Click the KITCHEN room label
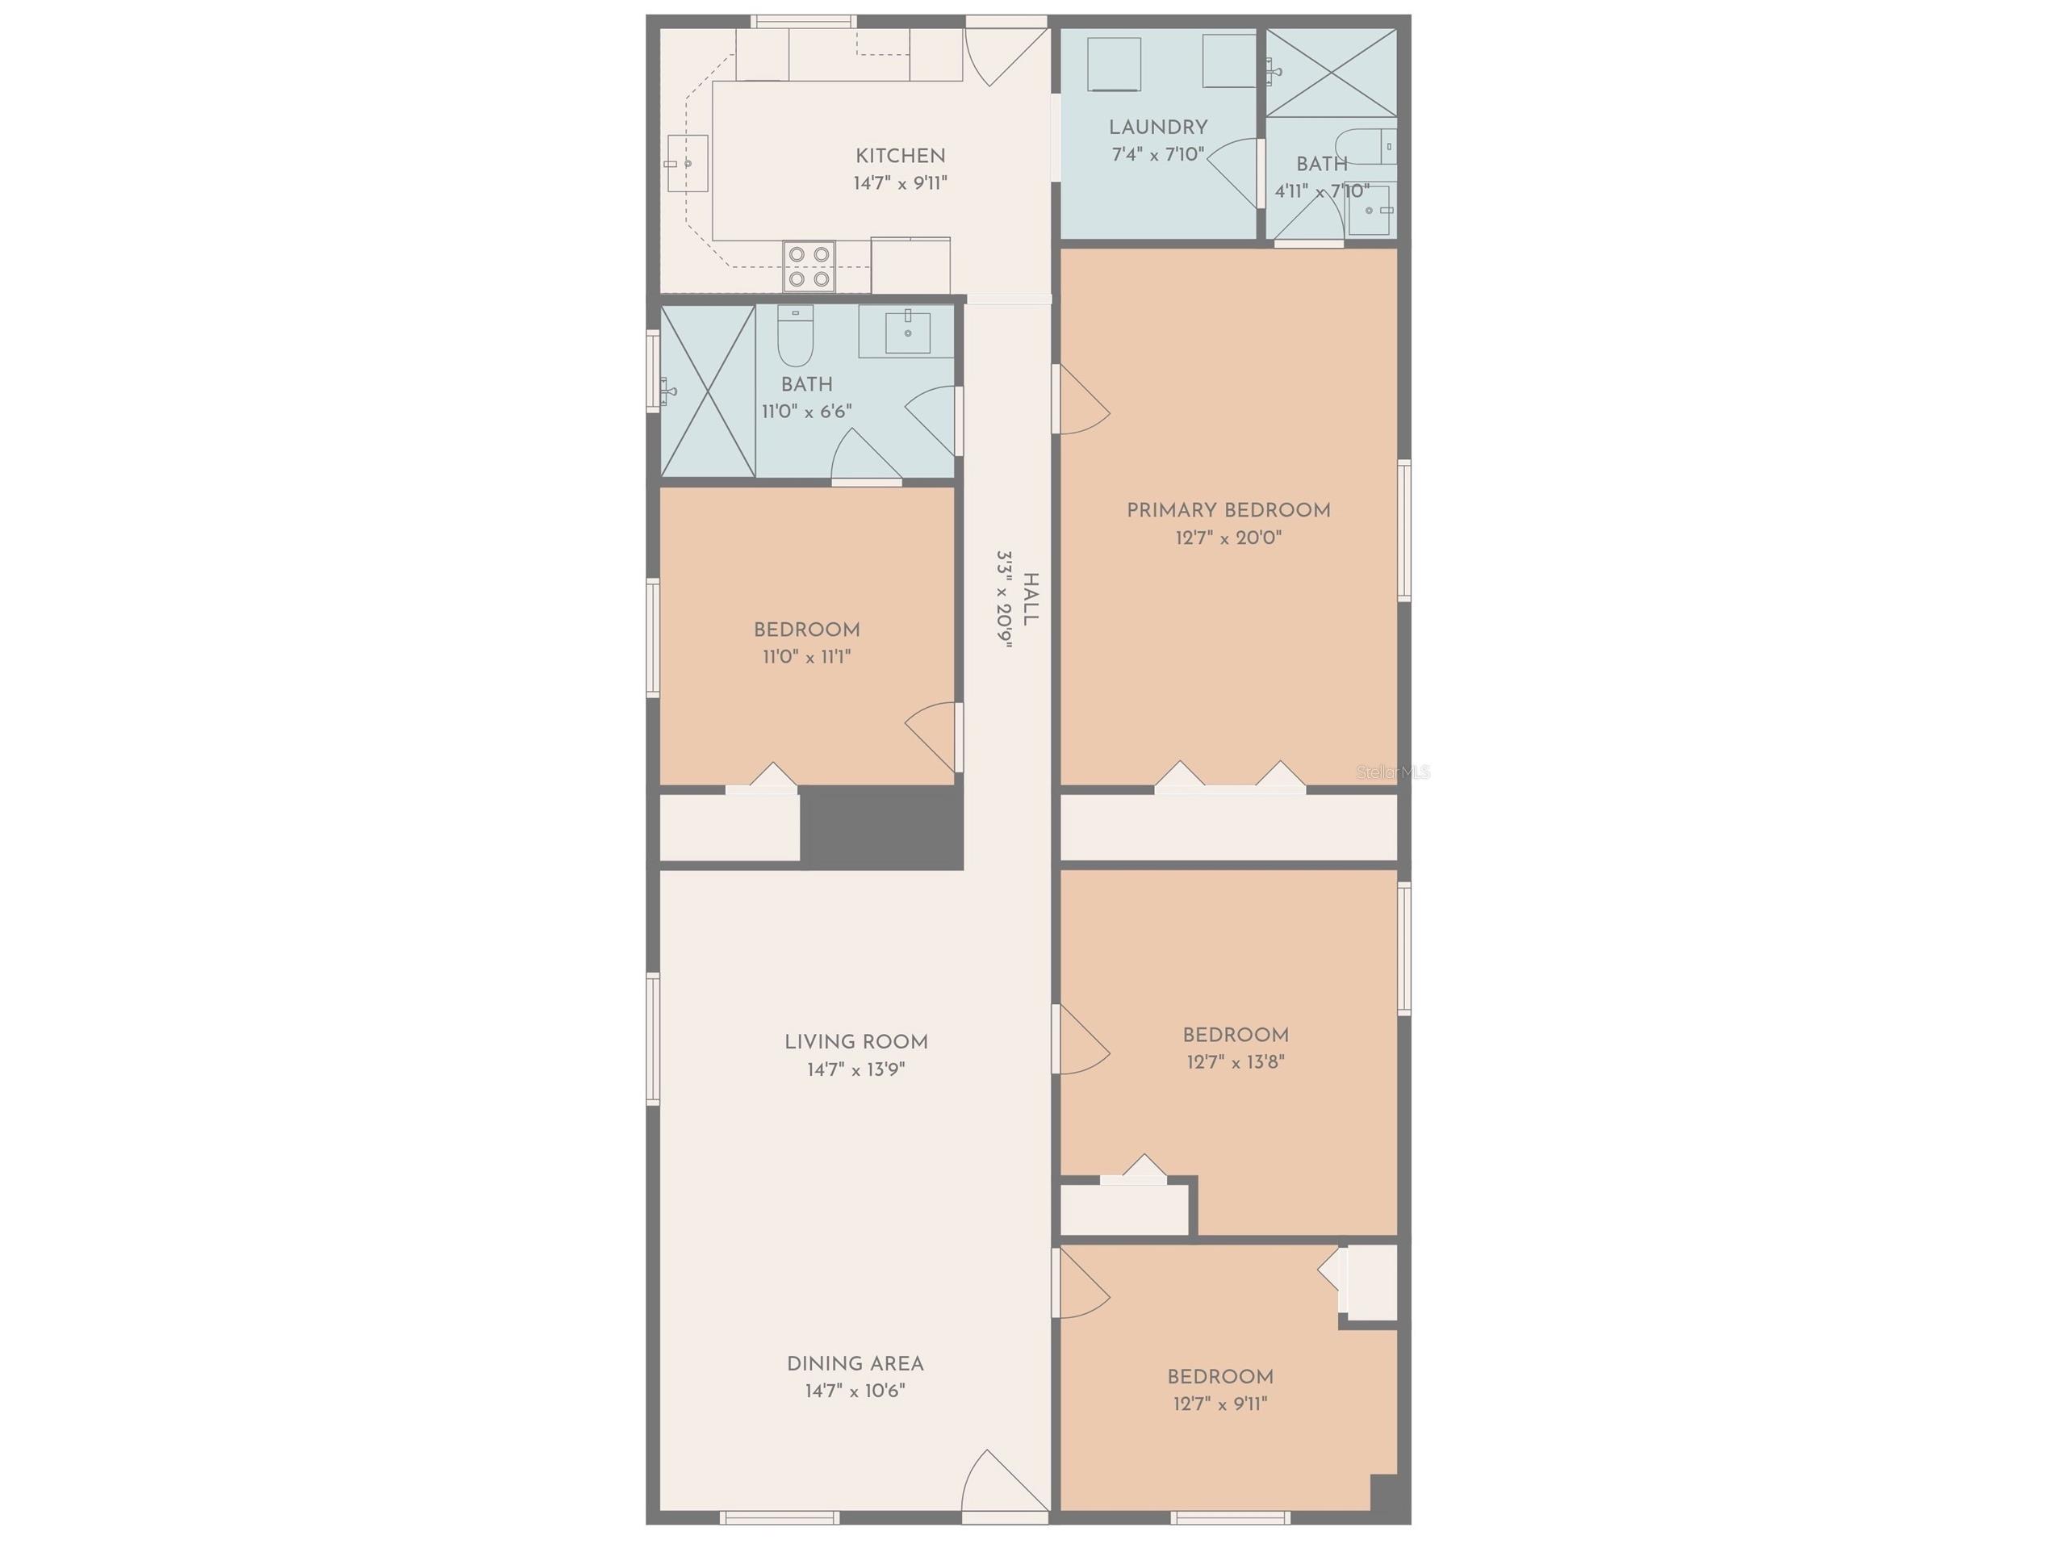point(900,157)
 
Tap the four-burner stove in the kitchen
point(809,266)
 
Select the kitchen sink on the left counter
point(687,163)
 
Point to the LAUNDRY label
point(1157,128)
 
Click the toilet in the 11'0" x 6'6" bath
point(796,337)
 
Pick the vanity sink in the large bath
point(907,333)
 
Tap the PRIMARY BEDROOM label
point(1228,510)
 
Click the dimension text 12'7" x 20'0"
point(1228,538)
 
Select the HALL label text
point(1030,600)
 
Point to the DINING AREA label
point(855,1364)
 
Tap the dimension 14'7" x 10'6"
point(855,1391)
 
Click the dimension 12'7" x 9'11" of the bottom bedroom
point(1219,1404)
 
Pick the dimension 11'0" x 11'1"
point(806,657)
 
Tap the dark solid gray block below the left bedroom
point(881,828)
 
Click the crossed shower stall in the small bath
point(1332,73)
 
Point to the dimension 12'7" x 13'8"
point(1235,1062)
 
